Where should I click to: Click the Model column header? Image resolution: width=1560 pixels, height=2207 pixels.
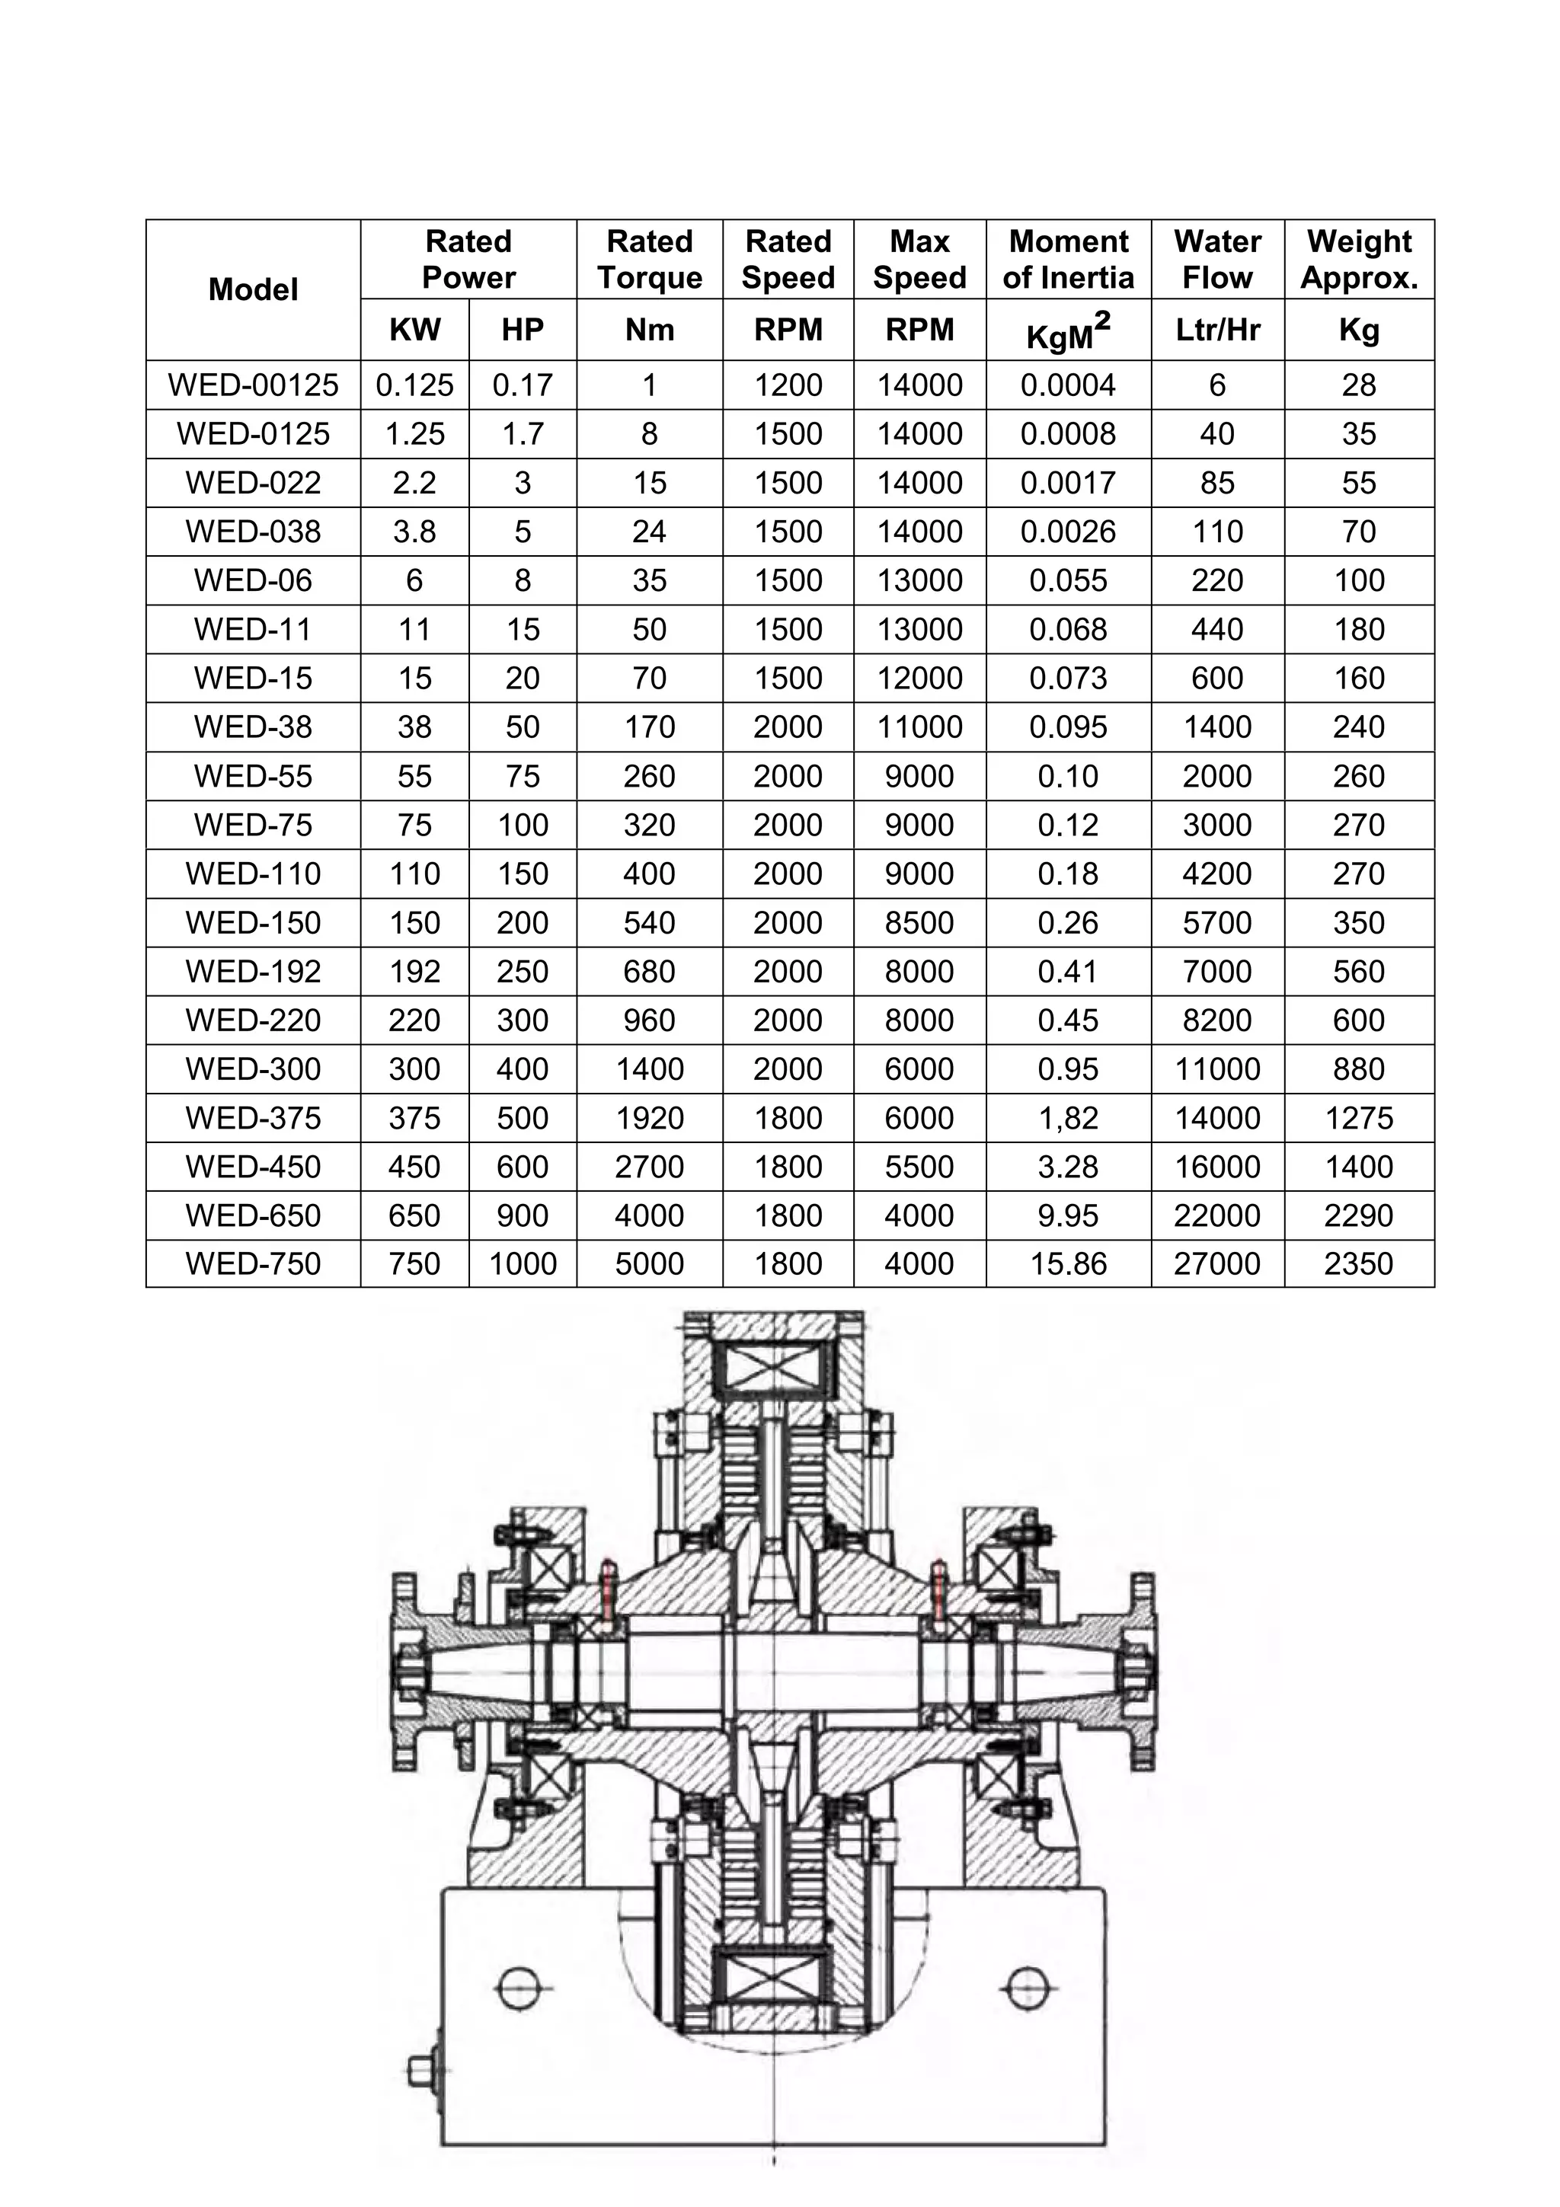coord(253,289)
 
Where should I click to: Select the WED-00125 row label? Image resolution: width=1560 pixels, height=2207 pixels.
coord(253,385)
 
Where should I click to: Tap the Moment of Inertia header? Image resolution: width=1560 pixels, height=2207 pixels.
coord(1068,260)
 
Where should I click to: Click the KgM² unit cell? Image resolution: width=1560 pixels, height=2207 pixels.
coord(1068,331)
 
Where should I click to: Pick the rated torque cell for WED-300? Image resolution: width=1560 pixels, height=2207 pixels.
coord(649,1069)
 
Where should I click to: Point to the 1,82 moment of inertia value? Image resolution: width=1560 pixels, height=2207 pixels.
coord(1068,1118)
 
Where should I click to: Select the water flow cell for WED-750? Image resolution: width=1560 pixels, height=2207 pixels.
coord(1217,1263)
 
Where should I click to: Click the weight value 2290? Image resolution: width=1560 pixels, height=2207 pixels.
coord(1358,1215)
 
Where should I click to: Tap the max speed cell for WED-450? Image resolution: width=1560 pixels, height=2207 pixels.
coord(919,1167)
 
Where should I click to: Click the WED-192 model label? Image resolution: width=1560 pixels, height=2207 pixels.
coord(253,972)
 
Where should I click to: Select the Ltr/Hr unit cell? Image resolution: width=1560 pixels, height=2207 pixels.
coord(1217,331)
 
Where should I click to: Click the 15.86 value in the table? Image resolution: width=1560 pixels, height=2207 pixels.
coord(1068,1263)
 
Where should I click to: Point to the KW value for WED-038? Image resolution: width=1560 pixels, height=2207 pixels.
coord(414,532)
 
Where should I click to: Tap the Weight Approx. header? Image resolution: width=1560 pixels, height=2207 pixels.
coord(1358,260)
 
